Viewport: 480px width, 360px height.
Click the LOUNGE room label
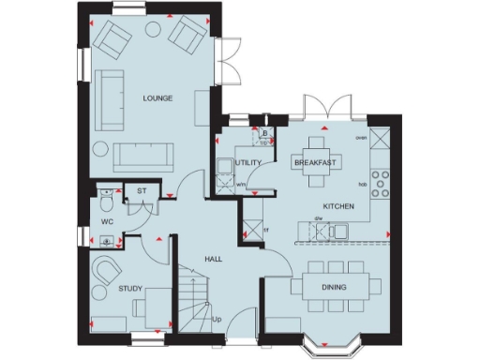(157, 97)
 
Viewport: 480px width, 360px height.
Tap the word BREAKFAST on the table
(315, 162)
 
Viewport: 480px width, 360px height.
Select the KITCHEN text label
(337, 204)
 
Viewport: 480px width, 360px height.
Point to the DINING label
(334, 287)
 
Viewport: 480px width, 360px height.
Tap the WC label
(108, 223)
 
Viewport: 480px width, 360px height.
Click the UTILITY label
(248, 163)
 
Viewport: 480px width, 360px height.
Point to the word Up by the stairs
(217, 320)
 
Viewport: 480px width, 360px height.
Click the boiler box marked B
(265, 133)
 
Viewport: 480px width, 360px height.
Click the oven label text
(361, 137)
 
